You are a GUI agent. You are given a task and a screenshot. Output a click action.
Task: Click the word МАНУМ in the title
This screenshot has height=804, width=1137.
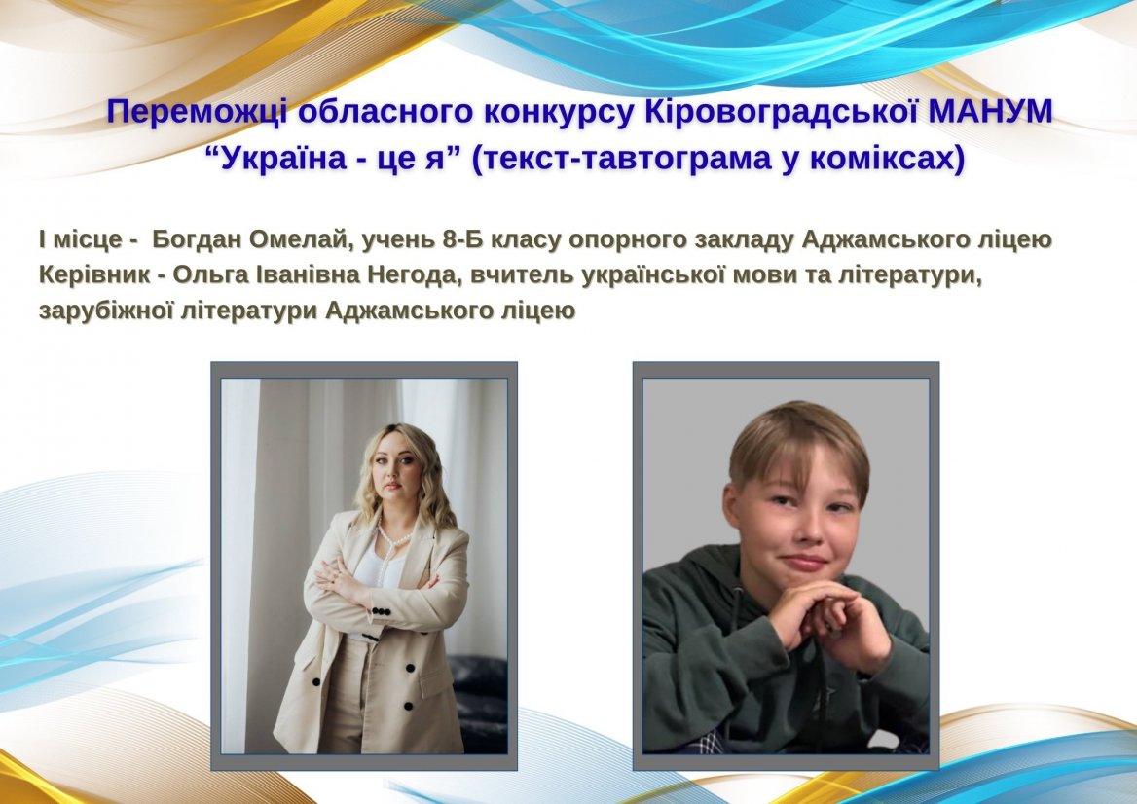990,111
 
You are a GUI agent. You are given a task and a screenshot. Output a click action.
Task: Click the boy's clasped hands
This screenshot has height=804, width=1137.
825,609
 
